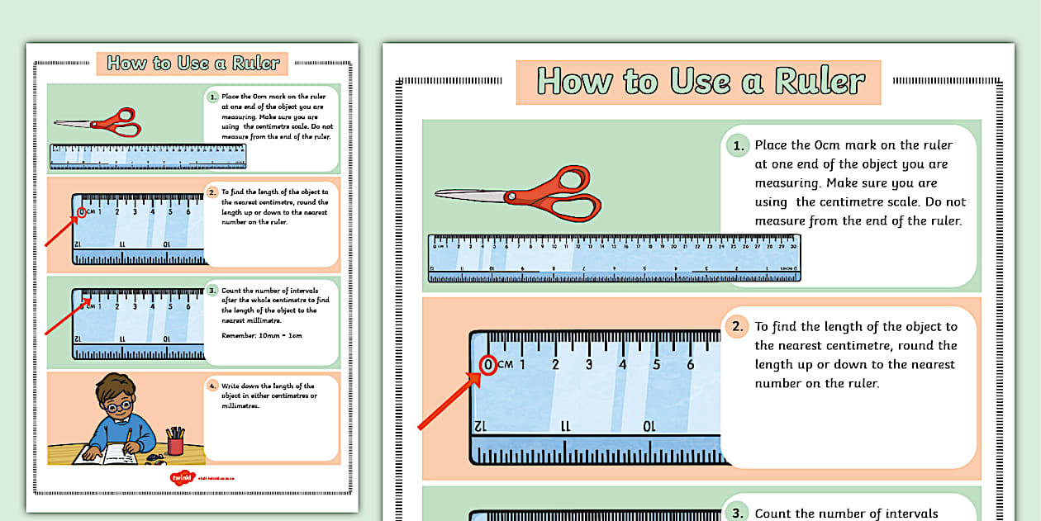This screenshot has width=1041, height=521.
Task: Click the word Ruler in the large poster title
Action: click(x=820, y=81)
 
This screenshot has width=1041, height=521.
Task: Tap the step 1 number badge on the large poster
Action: click(x=735, y=147)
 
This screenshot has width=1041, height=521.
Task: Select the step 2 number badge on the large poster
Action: click(x=735, y=327)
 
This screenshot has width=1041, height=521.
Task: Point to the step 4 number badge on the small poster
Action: click(x=212, y=386)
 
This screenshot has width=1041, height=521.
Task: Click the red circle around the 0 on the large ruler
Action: click(x=488, y=364)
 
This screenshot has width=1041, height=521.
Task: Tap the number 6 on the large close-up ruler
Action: click(x=691, y=364)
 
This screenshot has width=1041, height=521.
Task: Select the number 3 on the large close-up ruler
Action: click(x=589, y=364)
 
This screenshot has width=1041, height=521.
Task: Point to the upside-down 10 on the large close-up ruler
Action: click(x=649, y=426)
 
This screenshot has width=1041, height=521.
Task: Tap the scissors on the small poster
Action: click(x=99, y=123)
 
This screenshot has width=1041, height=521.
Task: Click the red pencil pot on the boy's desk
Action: click(x=175, y=445)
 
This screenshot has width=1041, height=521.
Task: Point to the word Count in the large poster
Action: click(x=772, y=514)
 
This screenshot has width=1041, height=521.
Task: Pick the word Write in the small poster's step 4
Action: click(x=231, y=386)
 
